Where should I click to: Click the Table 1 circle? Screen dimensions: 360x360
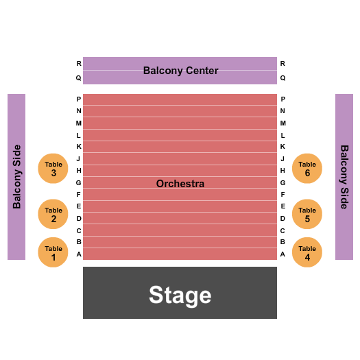tap(53, 252)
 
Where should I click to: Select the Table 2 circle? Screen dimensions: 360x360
tap(53, 214)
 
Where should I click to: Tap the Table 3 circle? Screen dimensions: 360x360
tap(53, 168)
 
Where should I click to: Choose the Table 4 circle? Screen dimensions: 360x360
tap(307, 252)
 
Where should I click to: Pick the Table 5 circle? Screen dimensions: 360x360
tap(307, 214)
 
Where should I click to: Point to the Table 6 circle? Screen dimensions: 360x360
tap(307, 168)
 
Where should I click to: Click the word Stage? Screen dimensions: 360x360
tap(180, 296)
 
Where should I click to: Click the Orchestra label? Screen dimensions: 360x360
tap(180, 184)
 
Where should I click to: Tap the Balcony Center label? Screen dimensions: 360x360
tap(181, 71)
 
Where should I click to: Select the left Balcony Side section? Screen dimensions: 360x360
tap(16, 177)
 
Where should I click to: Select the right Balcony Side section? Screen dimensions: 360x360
tap(344, 177)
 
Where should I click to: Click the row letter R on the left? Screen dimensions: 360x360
tap(79, 63)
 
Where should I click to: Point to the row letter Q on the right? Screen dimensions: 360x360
tap(283, 78)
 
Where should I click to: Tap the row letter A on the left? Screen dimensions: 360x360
tap(79, 254)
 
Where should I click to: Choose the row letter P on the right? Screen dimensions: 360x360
tap(283, 99)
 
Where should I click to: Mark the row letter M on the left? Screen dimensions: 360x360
tap(79, 123)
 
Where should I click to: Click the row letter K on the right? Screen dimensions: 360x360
tap(283, 147)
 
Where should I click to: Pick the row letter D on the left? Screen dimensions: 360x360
tap(79, 219)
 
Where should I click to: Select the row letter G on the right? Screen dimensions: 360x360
tap(283, 183)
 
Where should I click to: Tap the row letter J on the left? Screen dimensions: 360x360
tap(78, 158)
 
